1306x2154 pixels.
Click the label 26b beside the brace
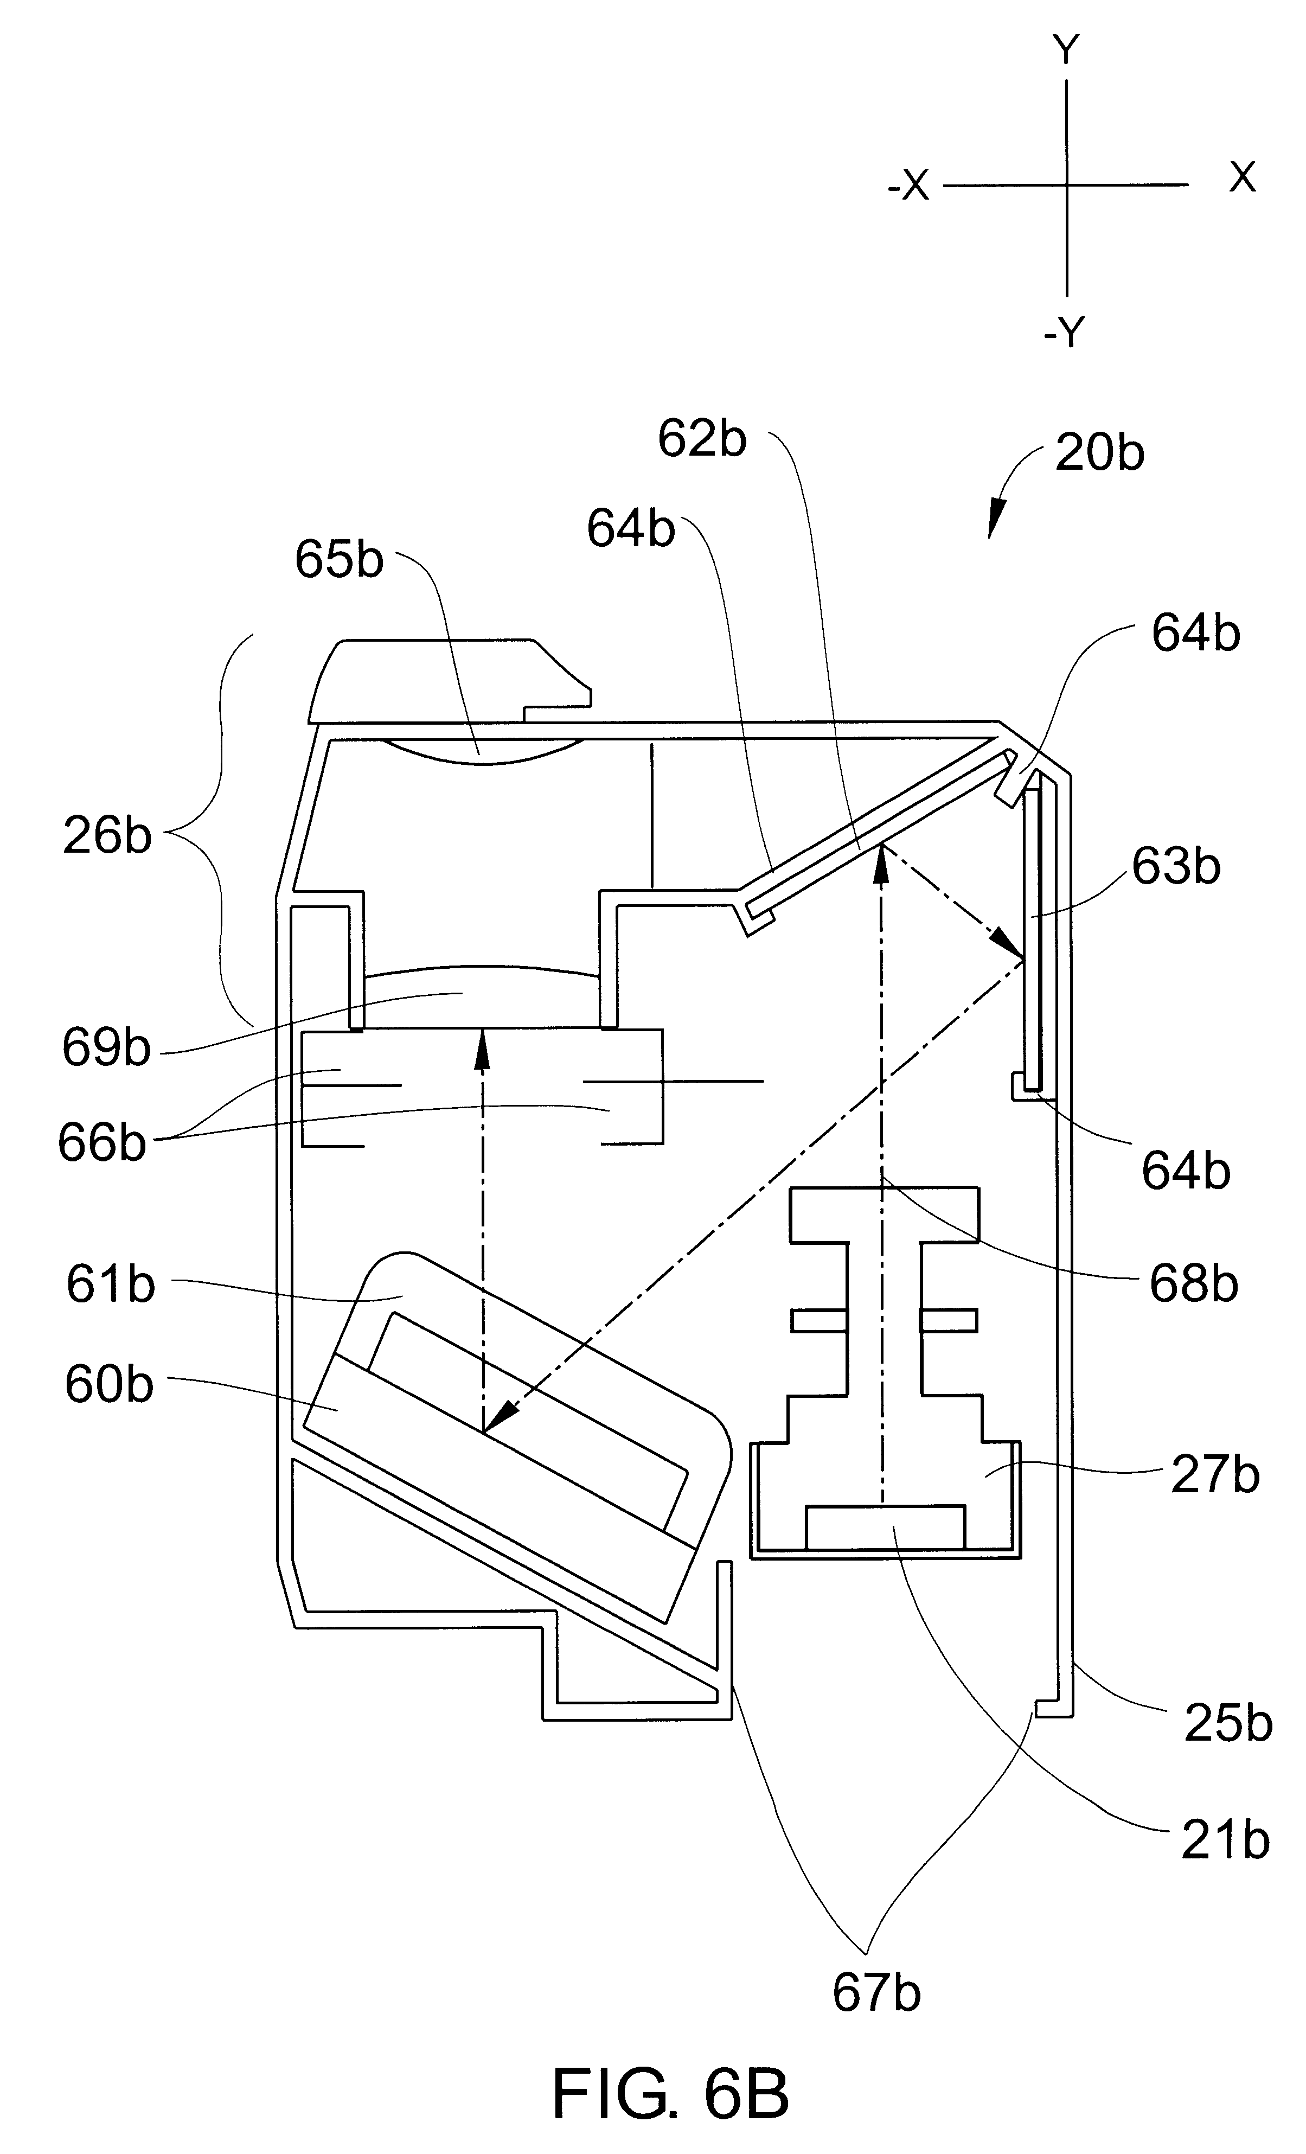coord(107,836)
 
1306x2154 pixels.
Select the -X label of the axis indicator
coord(909,186)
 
